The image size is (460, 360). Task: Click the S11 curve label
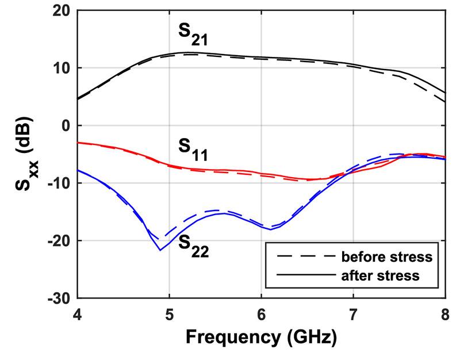coord(192,153)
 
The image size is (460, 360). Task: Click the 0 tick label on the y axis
coord(65,125)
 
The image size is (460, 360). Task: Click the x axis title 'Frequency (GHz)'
coord(261,337)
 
